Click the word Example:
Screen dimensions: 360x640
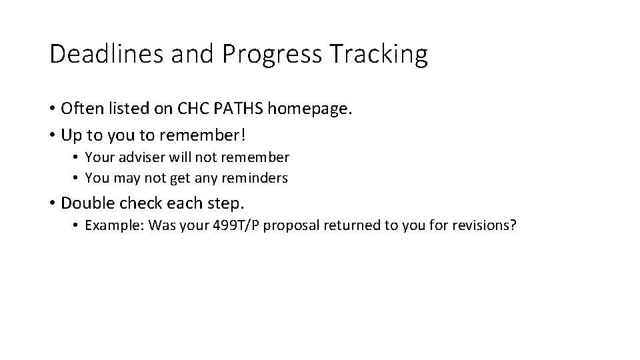coord(115,226)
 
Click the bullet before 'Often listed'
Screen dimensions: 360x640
coord(52,108)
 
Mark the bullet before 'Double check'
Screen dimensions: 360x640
coord(52,203)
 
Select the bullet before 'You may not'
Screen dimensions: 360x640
coord(77,178)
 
